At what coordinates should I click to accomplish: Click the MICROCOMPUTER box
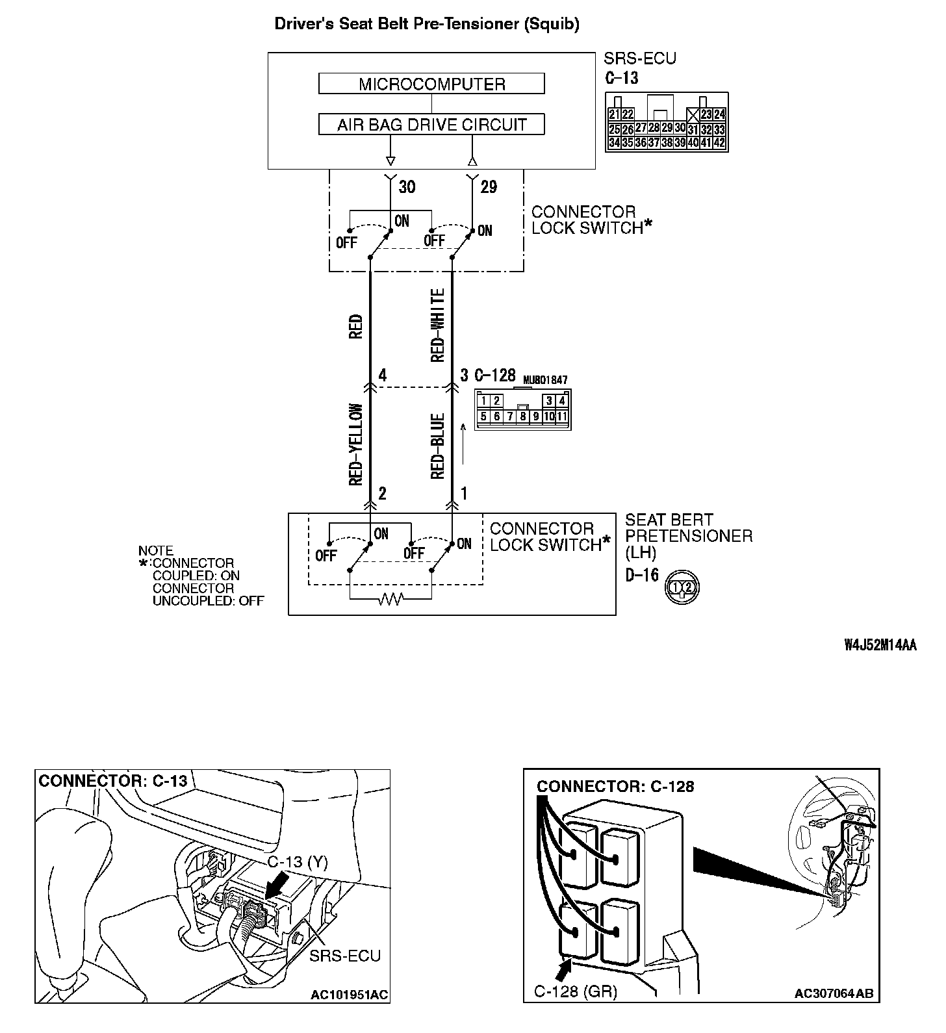coord(431,84)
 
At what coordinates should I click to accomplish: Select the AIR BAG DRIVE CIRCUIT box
coord(431,124)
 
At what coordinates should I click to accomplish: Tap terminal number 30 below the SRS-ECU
coord(407,187)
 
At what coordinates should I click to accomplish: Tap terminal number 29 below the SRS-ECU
coord(489,187)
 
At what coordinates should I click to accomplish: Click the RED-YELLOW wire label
coord(355,445)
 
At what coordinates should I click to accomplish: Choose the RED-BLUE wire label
coord(438,446)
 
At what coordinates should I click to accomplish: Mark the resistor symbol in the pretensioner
coord(390,598)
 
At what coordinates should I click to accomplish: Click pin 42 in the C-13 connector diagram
coord(719,143)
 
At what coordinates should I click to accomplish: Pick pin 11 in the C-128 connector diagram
coord(562,416)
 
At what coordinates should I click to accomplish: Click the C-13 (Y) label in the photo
coord(298,862)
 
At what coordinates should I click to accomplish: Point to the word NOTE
coord(156,551)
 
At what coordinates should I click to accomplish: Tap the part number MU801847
coord(545,380)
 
